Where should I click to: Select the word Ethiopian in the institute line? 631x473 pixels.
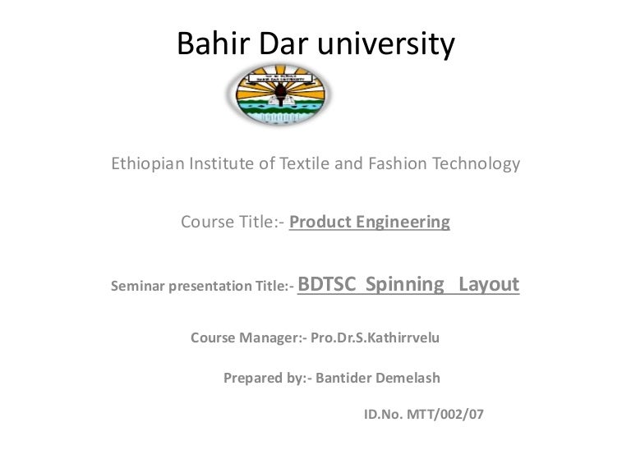149,164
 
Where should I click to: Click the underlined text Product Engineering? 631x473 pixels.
370,222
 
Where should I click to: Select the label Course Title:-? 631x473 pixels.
233,222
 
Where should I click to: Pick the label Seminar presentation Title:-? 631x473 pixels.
201,287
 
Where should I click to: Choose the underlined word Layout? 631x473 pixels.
488,285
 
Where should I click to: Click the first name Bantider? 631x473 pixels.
343,379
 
